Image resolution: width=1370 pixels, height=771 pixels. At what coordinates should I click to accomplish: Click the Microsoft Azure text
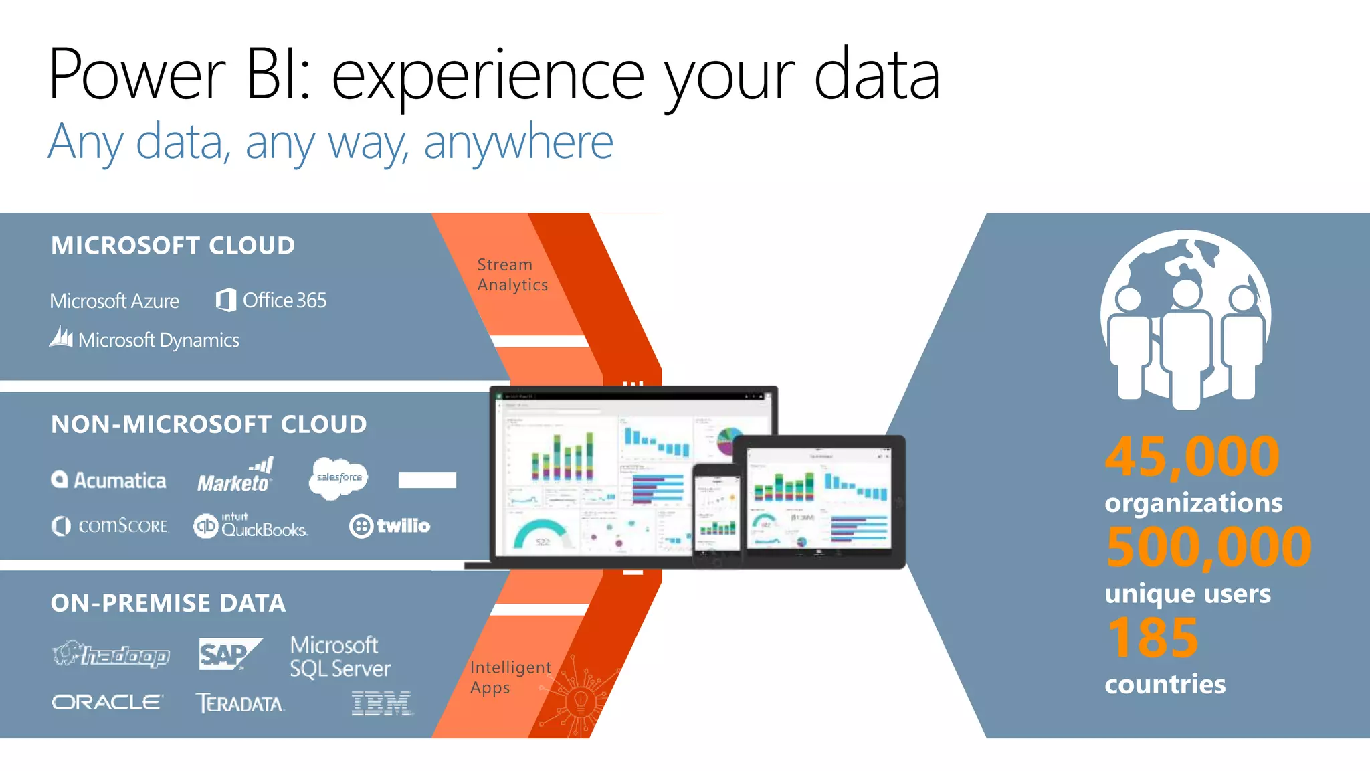114,301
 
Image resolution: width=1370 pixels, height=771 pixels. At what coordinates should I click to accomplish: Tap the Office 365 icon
226,300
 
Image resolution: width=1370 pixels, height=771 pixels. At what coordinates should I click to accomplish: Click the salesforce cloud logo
338,478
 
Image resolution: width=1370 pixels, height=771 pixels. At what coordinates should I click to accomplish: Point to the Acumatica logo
109,480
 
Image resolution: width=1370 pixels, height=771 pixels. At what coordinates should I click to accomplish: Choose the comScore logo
110,526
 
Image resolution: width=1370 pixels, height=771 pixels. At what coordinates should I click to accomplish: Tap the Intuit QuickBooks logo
251,526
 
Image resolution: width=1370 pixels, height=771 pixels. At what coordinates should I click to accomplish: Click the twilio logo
390,526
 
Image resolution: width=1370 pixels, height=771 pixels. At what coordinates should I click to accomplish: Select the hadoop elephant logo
110,654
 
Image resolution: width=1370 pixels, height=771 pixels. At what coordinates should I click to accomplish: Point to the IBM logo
381,703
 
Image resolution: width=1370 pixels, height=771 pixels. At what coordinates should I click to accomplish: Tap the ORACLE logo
107,702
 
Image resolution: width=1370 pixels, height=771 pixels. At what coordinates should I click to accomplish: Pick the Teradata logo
239,703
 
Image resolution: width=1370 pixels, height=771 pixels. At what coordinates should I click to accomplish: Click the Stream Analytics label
512,275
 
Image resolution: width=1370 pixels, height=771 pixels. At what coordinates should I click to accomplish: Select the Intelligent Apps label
510,677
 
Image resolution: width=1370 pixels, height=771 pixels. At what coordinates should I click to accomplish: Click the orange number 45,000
1192,457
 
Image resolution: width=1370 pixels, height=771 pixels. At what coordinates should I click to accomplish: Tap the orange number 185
1153,638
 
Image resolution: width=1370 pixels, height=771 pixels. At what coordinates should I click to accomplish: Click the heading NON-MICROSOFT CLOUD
209,424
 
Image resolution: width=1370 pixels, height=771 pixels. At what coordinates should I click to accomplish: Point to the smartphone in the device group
716,512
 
